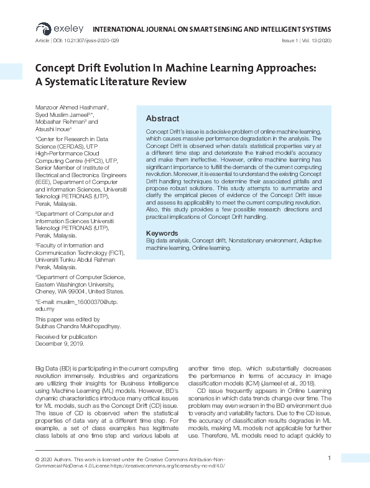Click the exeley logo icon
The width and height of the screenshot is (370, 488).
click(43, 28)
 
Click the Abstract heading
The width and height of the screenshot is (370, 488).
click(162, 118)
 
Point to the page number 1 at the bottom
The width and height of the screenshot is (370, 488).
click(328, 458)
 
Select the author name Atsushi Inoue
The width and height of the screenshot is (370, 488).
click(52, 129)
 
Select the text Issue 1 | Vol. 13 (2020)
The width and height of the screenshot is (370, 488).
click(307, 40)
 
